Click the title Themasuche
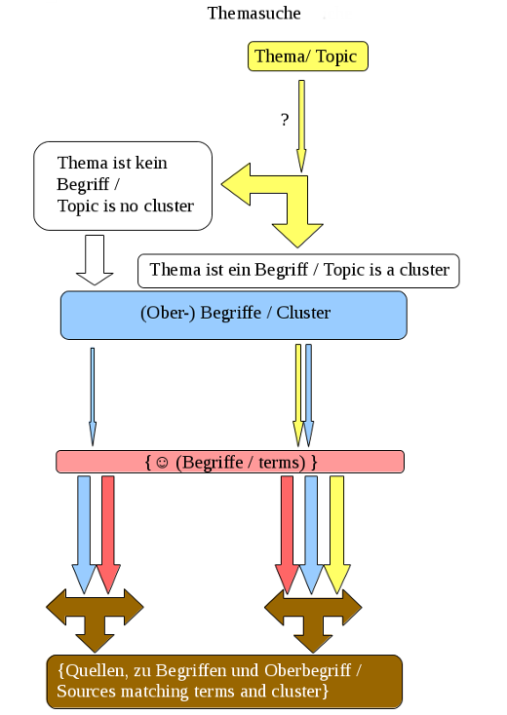click(253, 14)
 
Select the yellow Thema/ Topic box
click(307, 56)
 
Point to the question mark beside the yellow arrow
click(285, 120)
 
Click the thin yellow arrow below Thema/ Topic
click(301, 126)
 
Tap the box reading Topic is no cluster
click(123, 186)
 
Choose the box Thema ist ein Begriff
click(298, 271)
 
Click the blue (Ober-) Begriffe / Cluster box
click(234, 315)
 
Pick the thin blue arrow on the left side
click(93, 396)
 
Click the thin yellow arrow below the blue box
click(298, 395)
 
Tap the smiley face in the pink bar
click(162, 463)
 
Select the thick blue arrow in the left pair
click(84, 535)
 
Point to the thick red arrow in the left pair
click(108, 535)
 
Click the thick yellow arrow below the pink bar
click(336, 535)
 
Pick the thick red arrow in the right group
click(287, 535)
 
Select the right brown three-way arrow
click(313, 621)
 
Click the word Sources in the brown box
click(87, 691)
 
